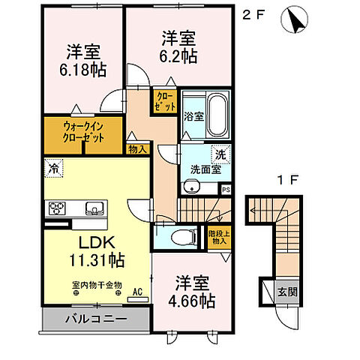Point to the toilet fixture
[181, 238]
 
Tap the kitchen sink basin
[94, 208]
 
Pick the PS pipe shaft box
[226, 190]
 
